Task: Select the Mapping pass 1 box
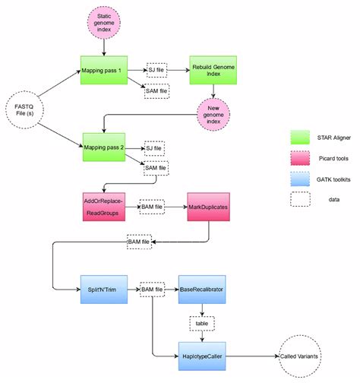pos(103,68)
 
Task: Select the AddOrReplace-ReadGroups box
pos(103,206)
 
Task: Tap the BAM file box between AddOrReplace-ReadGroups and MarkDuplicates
pos(154,206)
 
